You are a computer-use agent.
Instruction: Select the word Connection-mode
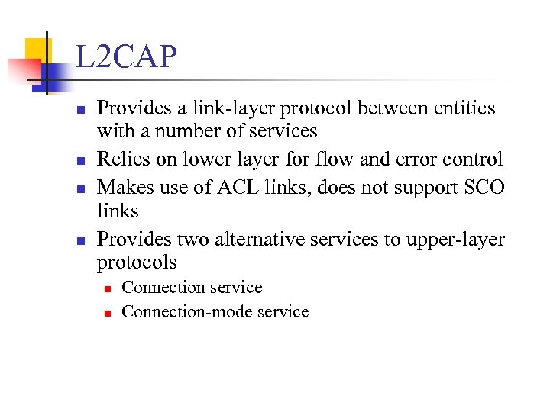187,311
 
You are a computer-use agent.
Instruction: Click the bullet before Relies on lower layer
80,161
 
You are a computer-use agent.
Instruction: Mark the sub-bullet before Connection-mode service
108,313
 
